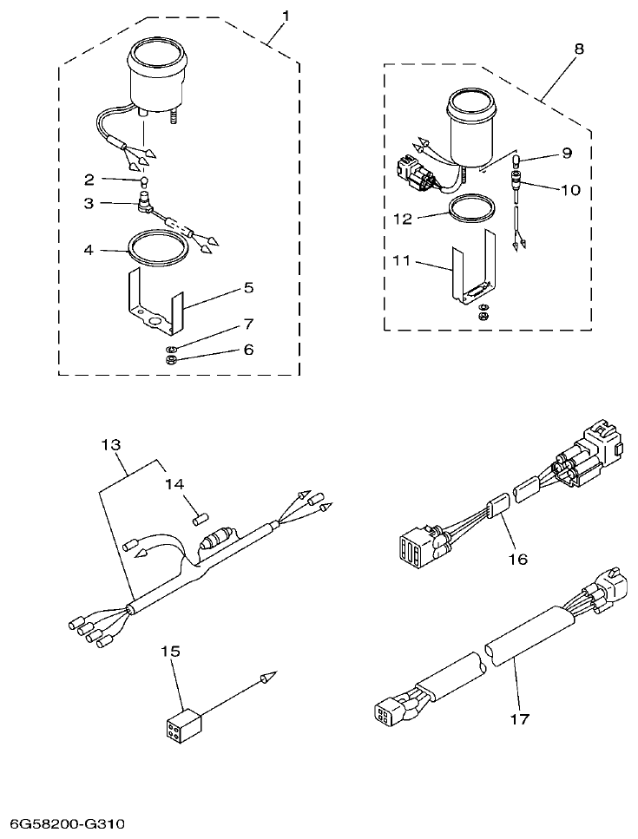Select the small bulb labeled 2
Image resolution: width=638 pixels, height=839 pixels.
point(146,182)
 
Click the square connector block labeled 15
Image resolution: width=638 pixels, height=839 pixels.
point(182,721)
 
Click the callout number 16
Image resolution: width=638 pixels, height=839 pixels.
point(518,560)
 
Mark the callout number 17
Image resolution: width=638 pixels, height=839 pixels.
point(518,719)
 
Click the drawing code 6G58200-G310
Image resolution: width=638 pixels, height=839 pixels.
point(68,821)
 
